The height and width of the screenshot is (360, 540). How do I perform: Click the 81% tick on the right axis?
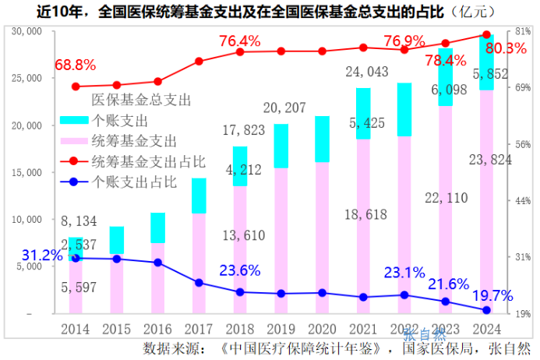(523, 32)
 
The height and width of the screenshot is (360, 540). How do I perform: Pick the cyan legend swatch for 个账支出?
(75, 121)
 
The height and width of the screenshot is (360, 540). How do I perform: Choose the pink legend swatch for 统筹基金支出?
(75, 141)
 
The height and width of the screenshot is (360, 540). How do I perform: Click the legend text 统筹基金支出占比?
(149, 162)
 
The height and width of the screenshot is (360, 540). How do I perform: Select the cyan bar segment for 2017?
(199, 196)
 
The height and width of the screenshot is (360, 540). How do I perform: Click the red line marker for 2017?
(199, 62)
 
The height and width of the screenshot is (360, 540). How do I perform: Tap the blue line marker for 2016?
(157, 263)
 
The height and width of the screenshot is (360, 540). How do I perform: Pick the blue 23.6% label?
(239, 271)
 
